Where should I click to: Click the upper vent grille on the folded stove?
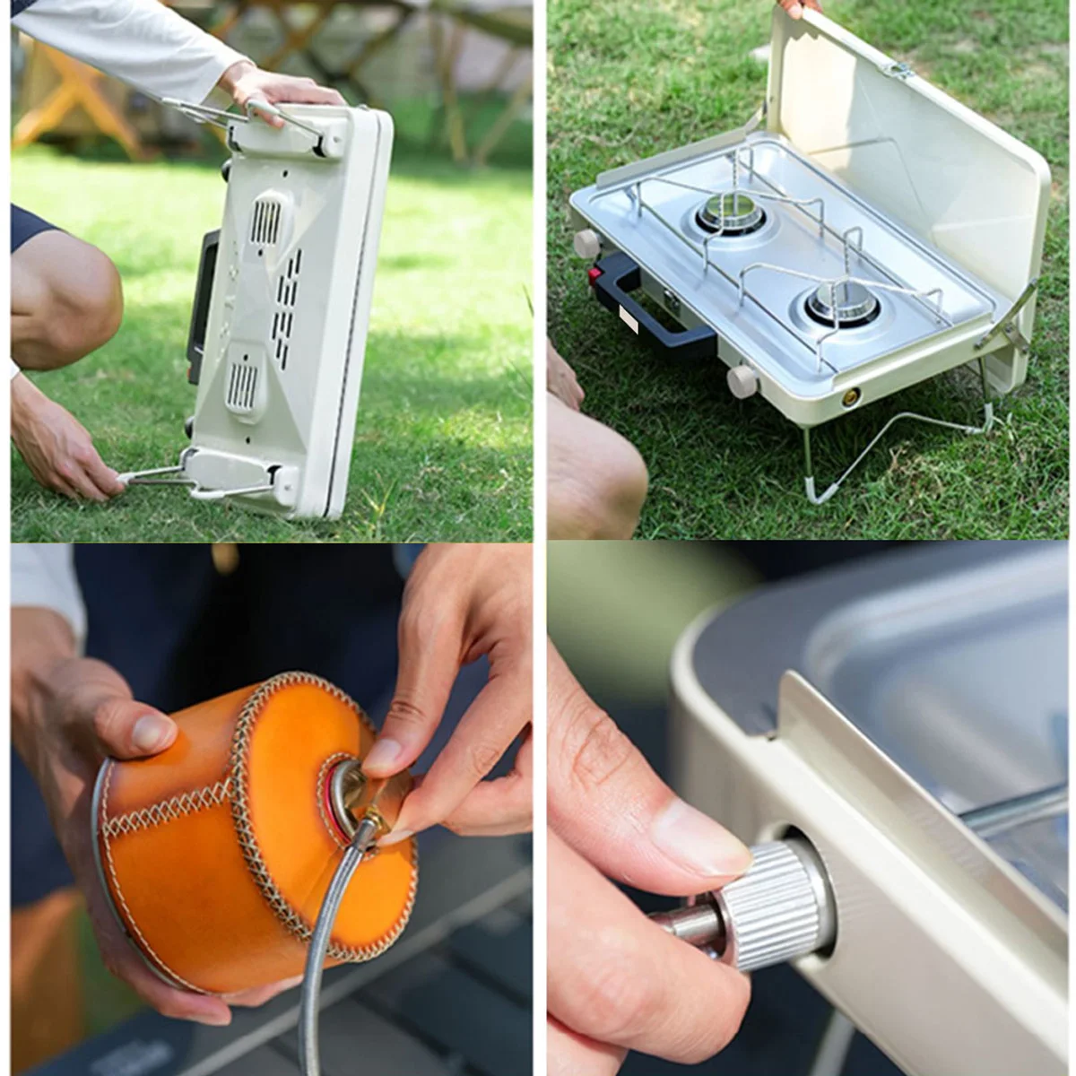[266, 221]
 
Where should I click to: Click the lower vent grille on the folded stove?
[242, 383]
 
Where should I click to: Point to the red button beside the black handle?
[594, 273]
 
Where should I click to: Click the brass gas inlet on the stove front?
[848, 396]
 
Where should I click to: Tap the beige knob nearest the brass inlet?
[742, 381]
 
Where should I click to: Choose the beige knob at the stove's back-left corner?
[587, 243]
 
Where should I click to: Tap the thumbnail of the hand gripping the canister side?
[152, 732]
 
